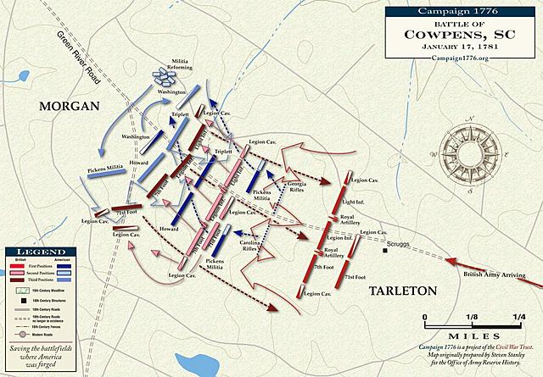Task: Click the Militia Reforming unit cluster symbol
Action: pos(163,75)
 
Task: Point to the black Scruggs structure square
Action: pos(383,250)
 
